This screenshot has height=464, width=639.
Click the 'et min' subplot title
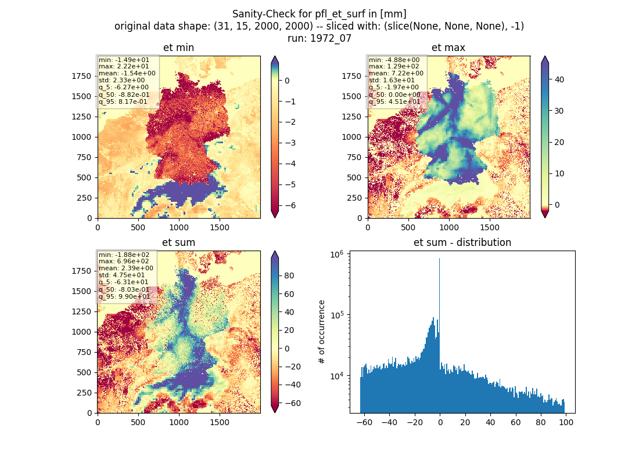point(178,48)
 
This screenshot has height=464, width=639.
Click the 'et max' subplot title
point(448,48)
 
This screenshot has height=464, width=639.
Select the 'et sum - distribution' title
point(462,242)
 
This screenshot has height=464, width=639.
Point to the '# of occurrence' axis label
point(322,332)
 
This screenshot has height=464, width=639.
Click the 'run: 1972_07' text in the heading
point(319,38)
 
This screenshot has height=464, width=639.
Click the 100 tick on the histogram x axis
point(566,422)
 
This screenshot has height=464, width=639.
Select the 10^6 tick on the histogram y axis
point(336,255)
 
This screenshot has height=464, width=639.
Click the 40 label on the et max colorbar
point(559,79)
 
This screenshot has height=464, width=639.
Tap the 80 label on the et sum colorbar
point(289,275)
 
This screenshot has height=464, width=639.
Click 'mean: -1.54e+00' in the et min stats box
point(127,73)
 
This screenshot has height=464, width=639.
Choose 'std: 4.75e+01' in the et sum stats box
point(121,275)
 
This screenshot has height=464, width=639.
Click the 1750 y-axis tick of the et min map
point(81,76)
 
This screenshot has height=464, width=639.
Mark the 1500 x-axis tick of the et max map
point(490,227)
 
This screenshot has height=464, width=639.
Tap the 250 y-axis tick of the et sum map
point(84,393)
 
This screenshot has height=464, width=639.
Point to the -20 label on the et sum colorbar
point(292,367)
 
